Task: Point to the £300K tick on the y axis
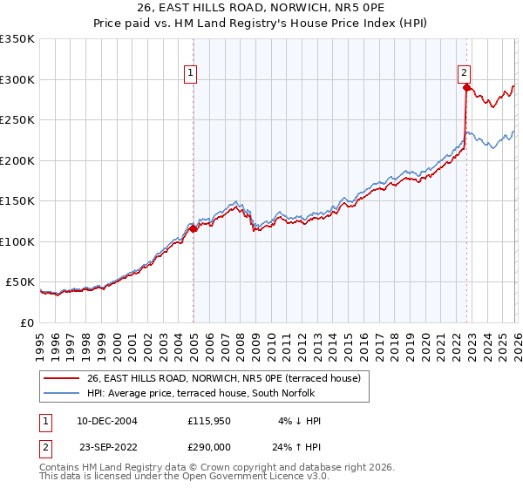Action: [x=17, y=79]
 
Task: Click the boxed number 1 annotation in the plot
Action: [x=190, y=74]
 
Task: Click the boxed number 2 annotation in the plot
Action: [x=465, y=74]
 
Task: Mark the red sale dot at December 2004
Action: [x=194, y=228]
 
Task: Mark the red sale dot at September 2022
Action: [x=466, y=87]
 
